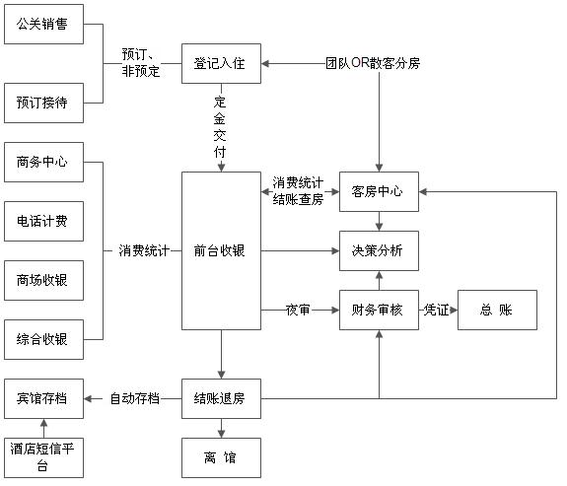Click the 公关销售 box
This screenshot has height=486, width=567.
[43, 25]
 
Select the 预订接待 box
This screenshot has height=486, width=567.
[43, 104]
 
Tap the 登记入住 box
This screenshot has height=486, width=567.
[221, 64]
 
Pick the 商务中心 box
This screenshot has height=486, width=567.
[43, 162]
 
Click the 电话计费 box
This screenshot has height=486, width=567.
[43, 221]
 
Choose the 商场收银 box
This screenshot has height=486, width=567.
[43, 280]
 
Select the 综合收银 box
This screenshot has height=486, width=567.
[43, 339]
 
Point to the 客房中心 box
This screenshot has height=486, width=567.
[379, 191]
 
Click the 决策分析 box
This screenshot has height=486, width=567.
[379, 251]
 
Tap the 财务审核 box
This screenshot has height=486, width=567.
[379, 310]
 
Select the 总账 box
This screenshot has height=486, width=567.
[497, 310]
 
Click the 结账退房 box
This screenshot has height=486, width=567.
[221, 399]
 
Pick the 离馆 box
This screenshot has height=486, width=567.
[221, 457]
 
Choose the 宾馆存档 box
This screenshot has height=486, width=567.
[43, 399]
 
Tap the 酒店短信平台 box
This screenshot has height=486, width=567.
[43, 457]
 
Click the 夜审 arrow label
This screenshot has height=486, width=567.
[298, 310]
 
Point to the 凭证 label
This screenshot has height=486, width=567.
[436, 310]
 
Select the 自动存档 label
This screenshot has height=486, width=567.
[135, 399]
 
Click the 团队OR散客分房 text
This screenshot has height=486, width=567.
[373, 63]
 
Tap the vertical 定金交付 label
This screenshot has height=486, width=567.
[220, 127]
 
